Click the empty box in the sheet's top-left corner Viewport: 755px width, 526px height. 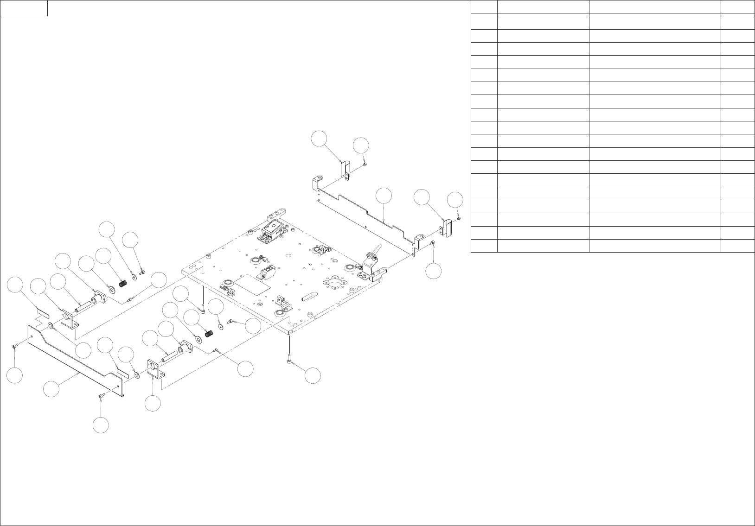(x=24, y=8)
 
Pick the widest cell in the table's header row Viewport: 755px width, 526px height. (x=654, y=7)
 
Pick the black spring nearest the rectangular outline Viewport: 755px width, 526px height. (x=209, y=333)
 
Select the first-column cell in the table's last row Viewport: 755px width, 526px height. (x=484, y=246)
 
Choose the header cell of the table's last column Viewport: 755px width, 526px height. (x=737, y=7)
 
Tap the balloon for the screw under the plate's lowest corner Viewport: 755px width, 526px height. (x=313, y=376)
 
